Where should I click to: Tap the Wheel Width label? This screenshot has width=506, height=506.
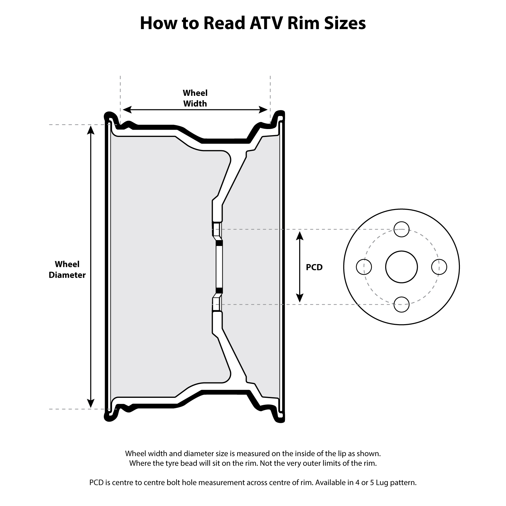[195, 98]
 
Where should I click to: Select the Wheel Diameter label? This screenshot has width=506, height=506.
[67, 269]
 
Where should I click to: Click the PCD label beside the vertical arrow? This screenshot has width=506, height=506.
[314, 267]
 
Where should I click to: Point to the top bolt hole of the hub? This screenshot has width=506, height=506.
[402, 229]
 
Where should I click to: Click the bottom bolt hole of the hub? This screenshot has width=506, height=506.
[402, 305]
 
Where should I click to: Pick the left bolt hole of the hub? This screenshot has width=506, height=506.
[364, 267]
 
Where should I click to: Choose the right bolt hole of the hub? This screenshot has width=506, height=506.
[439, 267]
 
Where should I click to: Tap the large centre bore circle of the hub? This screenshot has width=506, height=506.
[402, 267]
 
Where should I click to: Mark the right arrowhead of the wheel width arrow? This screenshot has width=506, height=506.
[263, 110]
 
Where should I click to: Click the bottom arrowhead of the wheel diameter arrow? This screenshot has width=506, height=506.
[91, 403]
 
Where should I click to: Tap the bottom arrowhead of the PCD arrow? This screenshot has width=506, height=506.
[300, 298]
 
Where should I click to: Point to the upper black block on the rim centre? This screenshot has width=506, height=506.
[219, 243]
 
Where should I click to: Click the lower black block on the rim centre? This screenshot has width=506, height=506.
[219, 290]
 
